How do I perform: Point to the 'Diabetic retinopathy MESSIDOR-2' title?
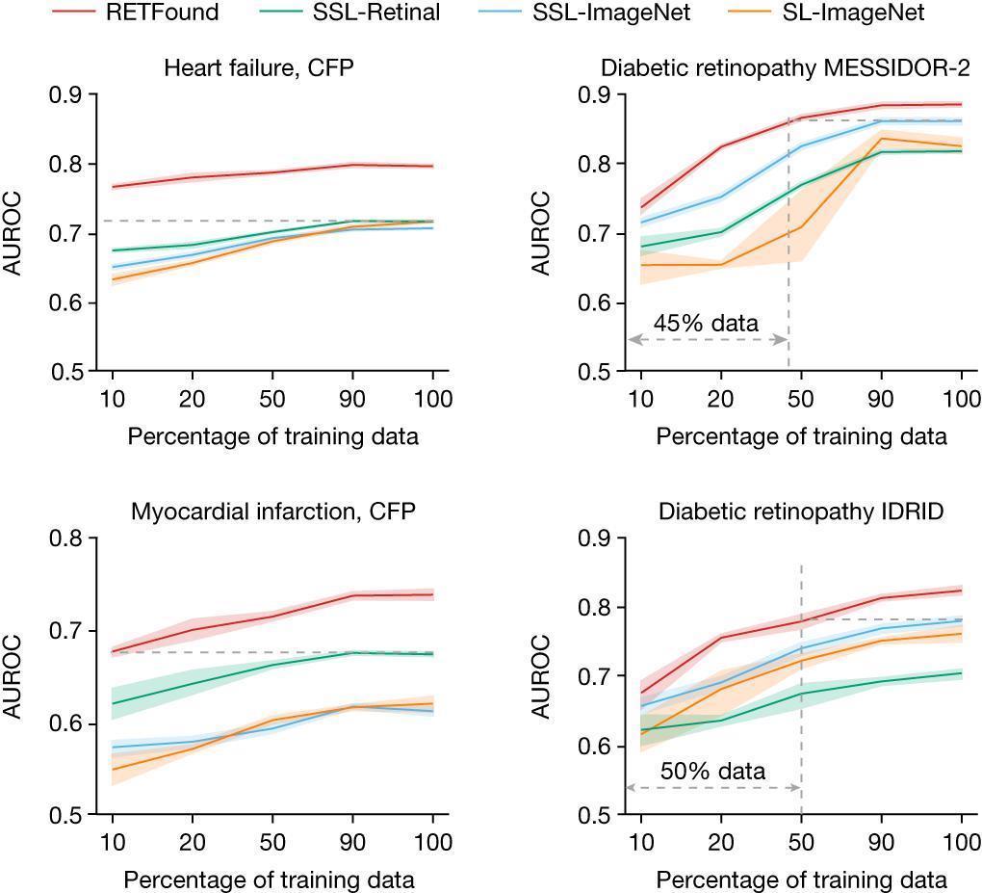[x=785, y=69]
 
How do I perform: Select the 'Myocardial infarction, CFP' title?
[x=273, y=512]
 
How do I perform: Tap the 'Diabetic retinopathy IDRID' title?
[x=801, y=512]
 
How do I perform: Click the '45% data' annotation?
[x=707, y=324]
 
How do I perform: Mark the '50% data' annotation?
[x=713, y=772]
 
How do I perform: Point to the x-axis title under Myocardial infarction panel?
[x=270, y=880]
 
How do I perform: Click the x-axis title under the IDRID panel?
[x=801, y=880]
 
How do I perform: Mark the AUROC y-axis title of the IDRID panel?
[x=543, y=676]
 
